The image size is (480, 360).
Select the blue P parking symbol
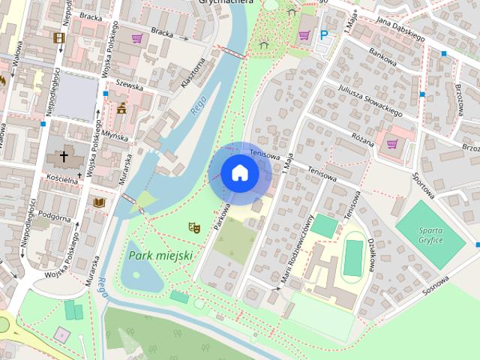point(325,34)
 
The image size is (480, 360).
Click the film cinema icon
point(59,37)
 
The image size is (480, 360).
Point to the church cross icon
point(64,157)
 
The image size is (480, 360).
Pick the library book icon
point(98,202)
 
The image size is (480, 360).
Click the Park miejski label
point(161,256)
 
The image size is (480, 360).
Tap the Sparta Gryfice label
point(430,234)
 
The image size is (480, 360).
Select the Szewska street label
point(130,86)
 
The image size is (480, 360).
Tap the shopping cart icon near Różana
point(392,143)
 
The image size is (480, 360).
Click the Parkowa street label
point(220,213)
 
